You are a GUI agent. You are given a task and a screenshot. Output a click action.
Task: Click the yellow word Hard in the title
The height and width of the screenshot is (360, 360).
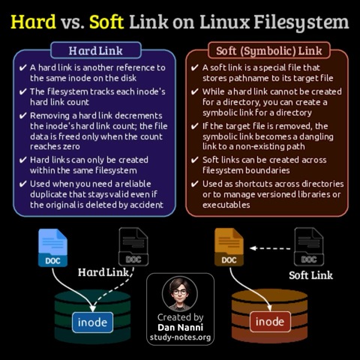tap(33, 22)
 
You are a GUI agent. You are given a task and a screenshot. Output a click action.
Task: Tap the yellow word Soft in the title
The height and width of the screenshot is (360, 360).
tap(106, 22)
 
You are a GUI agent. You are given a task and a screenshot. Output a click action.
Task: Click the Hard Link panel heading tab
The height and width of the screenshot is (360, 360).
tap(96, 50)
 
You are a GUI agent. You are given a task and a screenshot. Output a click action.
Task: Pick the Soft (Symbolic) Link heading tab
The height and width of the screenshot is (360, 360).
tap(269, 50)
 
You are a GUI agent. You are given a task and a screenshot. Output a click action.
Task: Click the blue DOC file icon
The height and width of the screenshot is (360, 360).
tap(52, 247)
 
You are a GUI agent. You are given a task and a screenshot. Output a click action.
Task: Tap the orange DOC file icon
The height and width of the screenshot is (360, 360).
tap(229, 247)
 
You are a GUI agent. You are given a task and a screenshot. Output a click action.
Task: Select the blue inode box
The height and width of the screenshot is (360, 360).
tap(92, 322)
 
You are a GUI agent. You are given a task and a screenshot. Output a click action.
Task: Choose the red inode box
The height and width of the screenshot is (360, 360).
tap(270, 322)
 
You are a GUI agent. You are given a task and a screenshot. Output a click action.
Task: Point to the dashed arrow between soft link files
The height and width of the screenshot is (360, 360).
tap(270, 248)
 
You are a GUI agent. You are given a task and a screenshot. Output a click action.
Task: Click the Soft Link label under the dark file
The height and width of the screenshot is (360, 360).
tap(310, 275)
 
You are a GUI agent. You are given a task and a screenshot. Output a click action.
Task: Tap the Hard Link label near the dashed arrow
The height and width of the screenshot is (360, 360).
tap(103, 272)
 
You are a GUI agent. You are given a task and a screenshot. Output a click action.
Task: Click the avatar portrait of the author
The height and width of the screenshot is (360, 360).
tap(180, 294)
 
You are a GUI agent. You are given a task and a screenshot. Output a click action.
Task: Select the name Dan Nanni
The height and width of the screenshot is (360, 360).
tap(181, 327)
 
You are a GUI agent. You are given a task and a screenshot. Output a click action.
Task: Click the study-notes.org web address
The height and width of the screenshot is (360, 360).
tap(181, 337)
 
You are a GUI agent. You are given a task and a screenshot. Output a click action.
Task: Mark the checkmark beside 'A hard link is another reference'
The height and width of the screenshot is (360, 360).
tap(22, 67)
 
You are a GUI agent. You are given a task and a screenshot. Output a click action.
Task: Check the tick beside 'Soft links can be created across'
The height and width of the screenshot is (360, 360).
tap(195, 160)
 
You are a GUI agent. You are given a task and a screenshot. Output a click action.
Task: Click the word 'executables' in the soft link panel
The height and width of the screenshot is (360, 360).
tap(226, 205)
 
